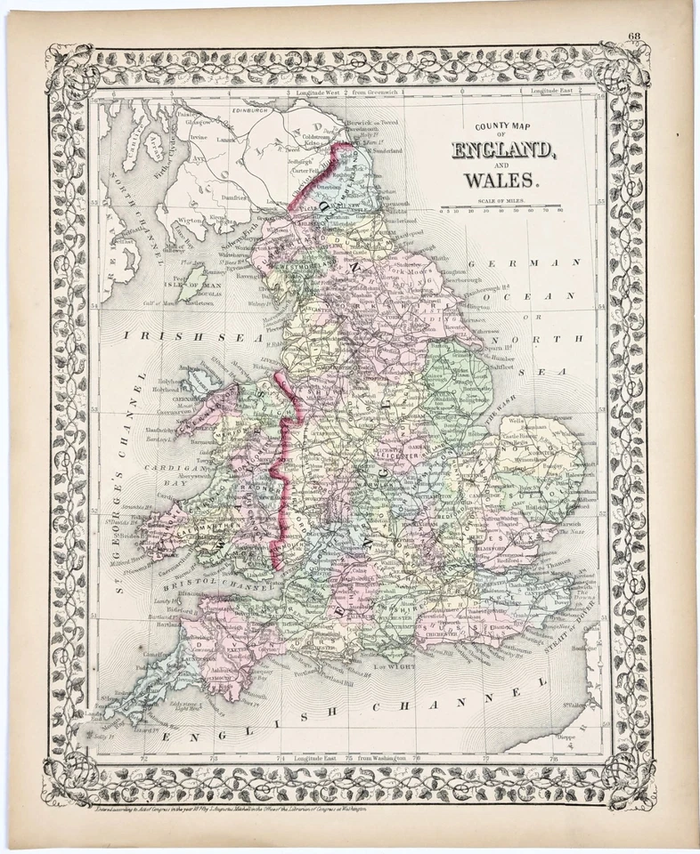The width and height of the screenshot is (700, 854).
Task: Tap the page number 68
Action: coord(633,36)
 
